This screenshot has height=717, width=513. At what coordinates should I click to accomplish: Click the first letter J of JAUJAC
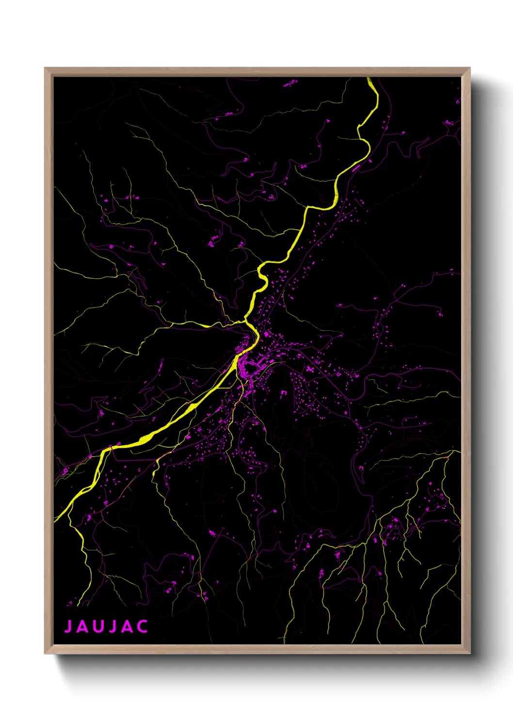pyautogui.click(x=68, y=626)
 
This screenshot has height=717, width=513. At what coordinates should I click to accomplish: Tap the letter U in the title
pyautogui.click(x=97, y=626)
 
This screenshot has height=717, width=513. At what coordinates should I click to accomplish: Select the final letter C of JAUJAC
pyautogui.click(x=142, y=626)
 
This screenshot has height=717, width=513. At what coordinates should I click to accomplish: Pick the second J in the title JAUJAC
pyautogui.click(x=112, y=626)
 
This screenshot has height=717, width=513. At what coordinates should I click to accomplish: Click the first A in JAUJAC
pyautogui.click(x=82, y=626)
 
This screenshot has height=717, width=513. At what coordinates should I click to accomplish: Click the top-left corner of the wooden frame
pyautogui.click(x=45, y=68)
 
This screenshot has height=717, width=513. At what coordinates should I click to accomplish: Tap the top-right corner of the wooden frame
pyautogui.click(x=469, y=68)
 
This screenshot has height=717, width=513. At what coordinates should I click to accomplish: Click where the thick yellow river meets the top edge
pyautogui.click(x=369, y=78)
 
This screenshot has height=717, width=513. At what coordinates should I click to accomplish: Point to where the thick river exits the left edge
pyautogui.click(x=55, y=520)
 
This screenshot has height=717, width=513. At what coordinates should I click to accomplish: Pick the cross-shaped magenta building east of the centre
pyautogui.click(x=310, y=369)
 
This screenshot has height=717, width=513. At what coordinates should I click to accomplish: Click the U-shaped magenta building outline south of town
pyautogui.click(x=283, y=393)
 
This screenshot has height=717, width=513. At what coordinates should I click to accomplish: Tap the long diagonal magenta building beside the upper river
pyautogui.click(x=356, y=168)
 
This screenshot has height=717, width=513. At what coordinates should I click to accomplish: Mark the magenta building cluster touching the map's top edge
pyautogui.click(x=289, y=84)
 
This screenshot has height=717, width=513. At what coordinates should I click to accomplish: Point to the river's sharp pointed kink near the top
pyautogui.click(x=359, y=127)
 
